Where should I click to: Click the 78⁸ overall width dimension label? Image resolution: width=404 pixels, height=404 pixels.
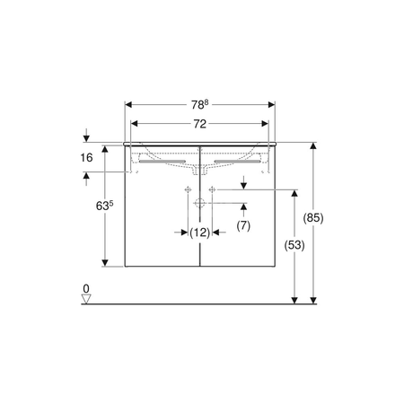pos(199,105)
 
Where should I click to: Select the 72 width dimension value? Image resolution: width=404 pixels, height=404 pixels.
pos(199,124)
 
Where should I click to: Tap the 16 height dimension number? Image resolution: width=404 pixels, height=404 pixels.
pos(86,157)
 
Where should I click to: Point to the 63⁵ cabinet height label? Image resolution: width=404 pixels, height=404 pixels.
pos(105,206)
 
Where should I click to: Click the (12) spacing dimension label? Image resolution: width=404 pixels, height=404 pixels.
pos(200,233)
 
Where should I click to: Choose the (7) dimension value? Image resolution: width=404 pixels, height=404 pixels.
pos(243,225)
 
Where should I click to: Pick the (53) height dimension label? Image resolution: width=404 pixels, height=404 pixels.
pos(294,245)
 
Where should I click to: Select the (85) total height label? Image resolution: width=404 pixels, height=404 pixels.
pos(313,218)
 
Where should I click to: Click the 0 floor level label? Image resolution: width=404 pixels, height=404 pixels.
pos(86,289)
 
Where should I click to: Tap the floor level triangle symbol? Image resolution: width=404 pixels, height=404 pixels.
pos(86,299)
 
